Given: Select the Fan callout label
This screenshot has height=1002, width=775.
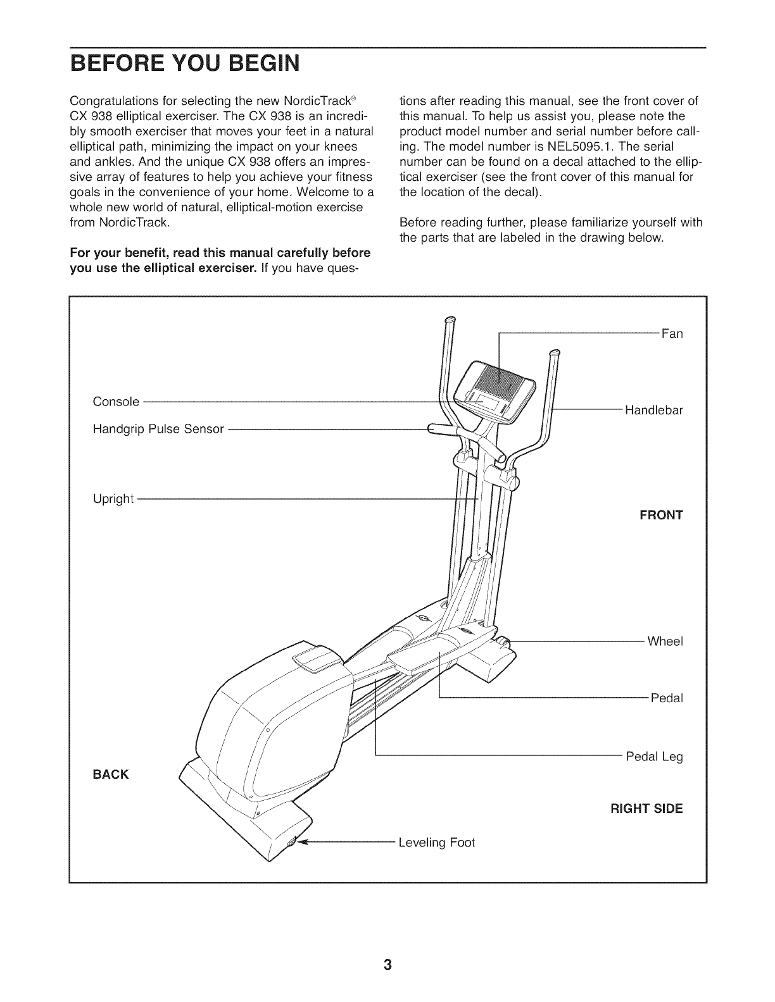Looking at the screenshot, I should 672,333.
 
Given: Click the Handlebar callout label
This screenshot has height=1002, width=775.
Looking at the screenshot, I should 654,410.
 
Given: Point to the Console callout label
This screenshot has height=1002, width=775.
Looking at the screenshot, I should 116,402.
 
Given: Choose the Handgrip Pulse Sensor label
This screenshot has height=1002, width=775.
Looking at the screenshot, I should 158,429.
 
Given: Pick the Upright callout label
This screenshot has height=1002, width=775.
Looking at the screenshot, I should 113,498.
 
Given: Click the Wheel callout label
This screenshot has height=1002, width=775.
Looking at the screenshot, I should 665,641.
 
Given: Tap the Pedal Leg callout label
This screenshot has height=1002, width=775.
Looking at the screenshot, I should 654,757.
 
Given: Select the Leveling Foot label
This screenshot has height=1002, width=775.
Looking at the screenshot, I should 436,843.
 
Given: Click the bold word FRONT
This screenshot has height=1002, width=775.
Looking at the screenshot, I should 662,515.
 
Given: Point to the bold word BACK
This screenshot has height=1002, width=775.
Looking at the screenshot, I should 111,774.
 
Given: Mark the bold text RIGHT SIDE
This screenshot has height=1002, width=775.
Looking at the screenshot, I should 646,808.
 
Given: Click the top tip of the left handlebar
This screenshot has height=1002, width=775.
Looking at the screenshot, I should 450,321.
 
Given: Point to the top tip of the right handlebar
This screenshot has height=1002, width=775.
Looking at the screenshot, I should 555,352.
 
